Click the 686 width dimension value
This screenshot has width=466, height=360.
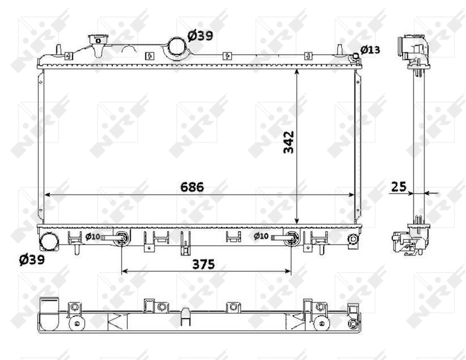click(192, 187)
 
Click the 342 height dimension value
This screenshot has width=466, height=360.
click(288, 142)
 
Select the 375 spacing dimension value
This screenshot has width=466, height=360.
click(203, 264)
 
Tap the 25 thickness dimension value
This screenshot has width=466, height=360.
click(399, 187)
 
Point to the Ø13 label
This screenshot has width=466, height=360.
click(370, 50)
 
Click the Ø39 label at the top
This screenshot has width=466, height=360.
click(200, 35)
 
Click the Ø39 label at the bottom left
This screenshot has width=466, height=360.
click(32, 260)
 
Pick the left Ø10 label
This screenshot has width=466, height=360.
click(92, 236)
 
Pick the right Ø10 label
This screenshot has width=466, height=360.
click(261, 236)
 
